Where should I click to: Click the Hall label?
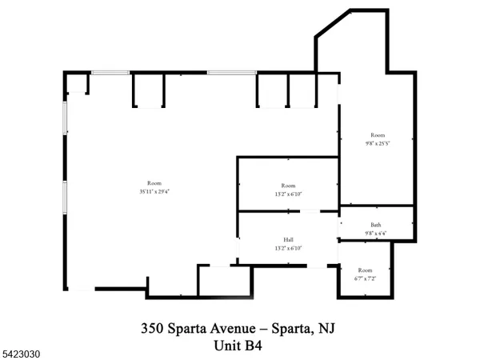click(x=288, y=239)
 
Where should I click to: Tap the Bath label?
click(x=375, y=226)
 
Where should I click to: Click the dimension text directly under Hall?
click(x=288, y=248)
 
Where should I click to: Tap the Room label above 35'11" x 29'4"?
click(x=153, y=183)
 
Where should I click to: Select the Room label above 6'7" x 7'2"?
click(x=365, y=270)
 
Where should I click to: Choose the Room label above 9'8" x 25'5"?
click(x=378, y=135)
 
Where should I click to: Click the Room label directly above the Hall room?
click(x=288, y=185)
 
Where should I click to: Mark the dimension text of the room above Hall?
click(x=288, y=194)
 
